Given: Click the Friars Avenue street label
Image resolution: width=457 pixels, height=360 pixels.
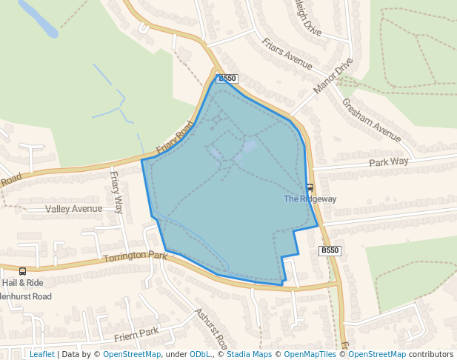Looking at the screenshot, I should tap(288, 53).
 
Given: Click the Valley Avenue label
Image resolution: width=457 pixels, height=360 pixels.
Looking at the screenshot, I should tap(73, 209).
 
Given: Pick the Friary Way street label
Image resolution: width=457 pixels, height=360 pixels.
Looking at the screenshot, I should tap(116, 192).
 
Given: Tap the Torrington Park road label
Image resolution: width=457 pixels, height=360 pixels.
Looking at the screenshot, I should tap(136, 256).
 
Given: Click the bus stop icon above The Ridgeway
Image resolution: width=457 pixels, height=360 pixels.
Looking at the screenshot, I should tap(310, 187).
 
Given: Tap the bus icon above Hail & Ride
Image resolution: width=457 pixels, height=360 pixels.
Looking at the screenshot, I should tap(22, 271).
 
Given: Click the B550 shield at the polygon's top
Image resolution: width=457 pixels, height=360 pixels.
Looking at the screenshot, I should tap(227, 78).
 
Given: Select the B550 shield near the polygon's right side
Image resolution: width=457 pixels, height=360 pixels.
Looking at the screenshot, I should tap(330, 250).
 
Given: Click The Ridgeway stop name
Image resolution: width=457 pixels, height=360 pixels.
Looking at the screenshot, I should tap(310, 199).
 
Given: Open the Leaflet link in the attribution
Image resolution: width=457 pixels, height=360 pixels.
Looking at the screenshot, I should tap(41, 354).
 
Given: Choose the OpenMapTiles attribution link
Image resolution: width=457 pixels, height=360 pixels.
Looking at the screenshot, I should tap(312, 354).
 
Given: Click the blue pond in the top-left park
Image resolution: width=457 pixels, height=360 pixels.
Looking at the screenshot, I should tap(39, 19).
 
